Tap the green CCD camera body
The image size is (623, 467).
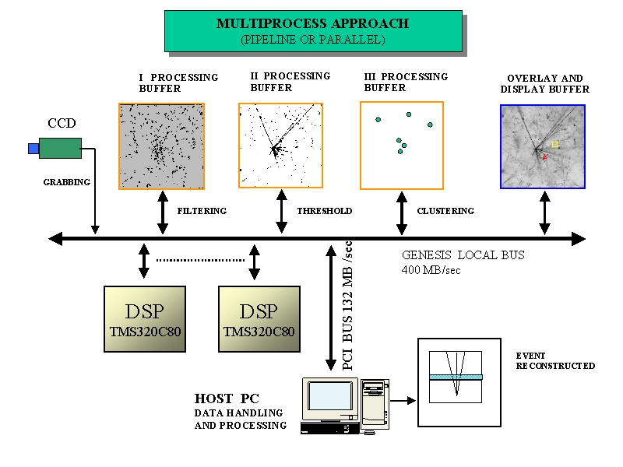pyautogui.click(x=60, y=148)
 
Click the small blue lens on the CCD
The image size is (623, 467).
pyautogui.click(x=33, y=148)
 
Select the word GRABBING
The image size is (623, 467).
pyautogui.click(x=66, y=182)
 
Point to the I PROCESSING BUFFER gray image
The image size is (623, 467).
pyautogui.click(x=161, y=146)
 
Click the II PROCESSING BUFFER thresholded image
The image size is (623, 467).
pyautogui.click(x=280, y=146)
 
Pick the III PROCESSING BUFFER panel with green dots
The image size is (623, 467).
pyautogui.click(x=401, y=145)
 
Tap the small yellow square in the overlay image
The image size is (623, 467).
pyautogui.click(x=555, y=144)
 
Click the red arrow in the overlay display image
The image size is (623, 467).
pyautogui.click(x=545, y=157)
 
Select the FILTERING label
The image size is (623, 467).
pyautogui.click(x=202, y=211)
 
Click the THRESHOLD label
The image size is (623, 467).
pyautogui.click(x=325, y=211)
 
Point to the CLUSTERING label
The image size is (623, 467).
pyautogui.click(x=445, y=211)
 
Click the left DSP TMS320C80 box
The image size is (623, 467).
pyautogui.click(x=145, y=319)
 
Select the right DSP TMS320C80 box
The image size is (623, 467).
pyautogui.click(x=259, y=319)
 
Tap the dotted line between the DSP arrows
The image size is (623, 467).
pyautogui.click(x=199, y=259)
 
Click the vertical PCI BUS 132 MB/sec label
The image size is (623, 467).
pyautogui.click(x=348, y=304)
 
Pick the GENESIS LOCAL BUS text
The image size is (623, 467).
pyautogui.click(x=463, y=255)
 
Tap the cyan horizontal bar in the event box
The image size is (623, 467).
pyautogui.click(x=456, y=377)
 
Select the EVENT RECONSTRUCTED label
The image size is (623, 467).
pyautogui.click(x=554, y=361)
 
